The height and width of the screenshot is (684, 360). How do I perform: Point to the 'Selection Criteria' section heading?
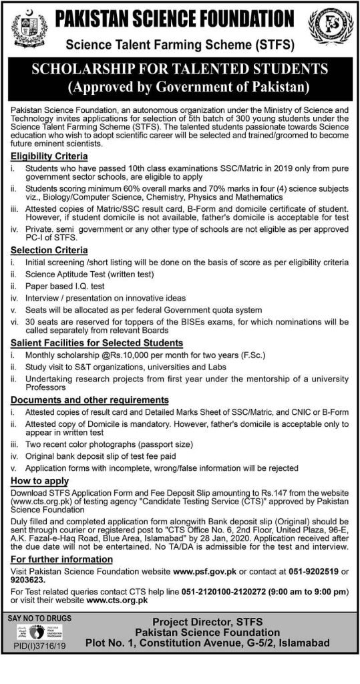(x=49, y=250)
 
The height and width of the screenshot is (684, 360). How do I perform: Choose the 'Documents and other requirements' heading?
(x=90, y=399)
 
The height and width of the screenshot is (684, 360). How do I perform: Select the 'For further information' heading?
(x=61, y=558)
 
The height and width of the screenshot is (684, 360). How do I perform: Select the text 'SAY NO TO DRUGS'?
(x=39, y=619)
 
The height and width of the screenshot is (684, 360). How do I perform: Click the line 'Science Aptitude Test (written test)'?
(x=89, y=275)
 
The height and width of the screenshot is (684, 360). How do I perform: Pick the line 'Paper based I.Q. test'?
(x=67, y=287)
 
